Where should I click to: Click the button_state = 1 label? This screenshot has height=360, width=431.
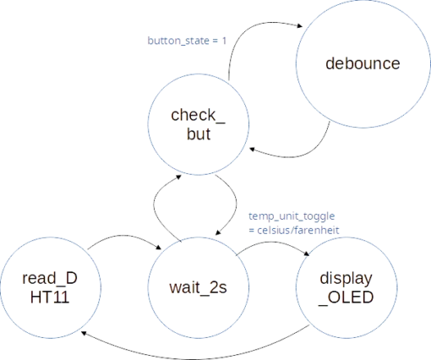(187, 41)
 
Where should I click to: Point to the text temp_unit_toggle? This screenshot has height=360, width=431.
(292, 216)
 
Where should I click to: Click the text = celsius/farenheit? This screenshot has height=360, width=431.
(294, 230)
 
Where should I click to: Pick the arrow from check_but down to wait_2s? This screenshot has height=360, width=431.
(236, 203)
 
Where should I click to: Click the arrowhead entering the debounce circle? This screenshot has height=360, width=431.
(299, 26)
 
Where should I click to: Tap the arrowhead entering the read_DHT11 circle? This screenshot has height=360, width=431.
(84, 334)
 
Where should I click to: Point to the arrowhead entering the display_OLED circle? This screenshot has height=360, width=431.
(307, 254)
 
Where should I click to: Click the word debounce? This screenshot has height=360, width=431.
(363, 63)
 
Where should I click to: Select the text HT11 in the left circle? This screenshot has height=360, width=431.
(50, 297)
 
